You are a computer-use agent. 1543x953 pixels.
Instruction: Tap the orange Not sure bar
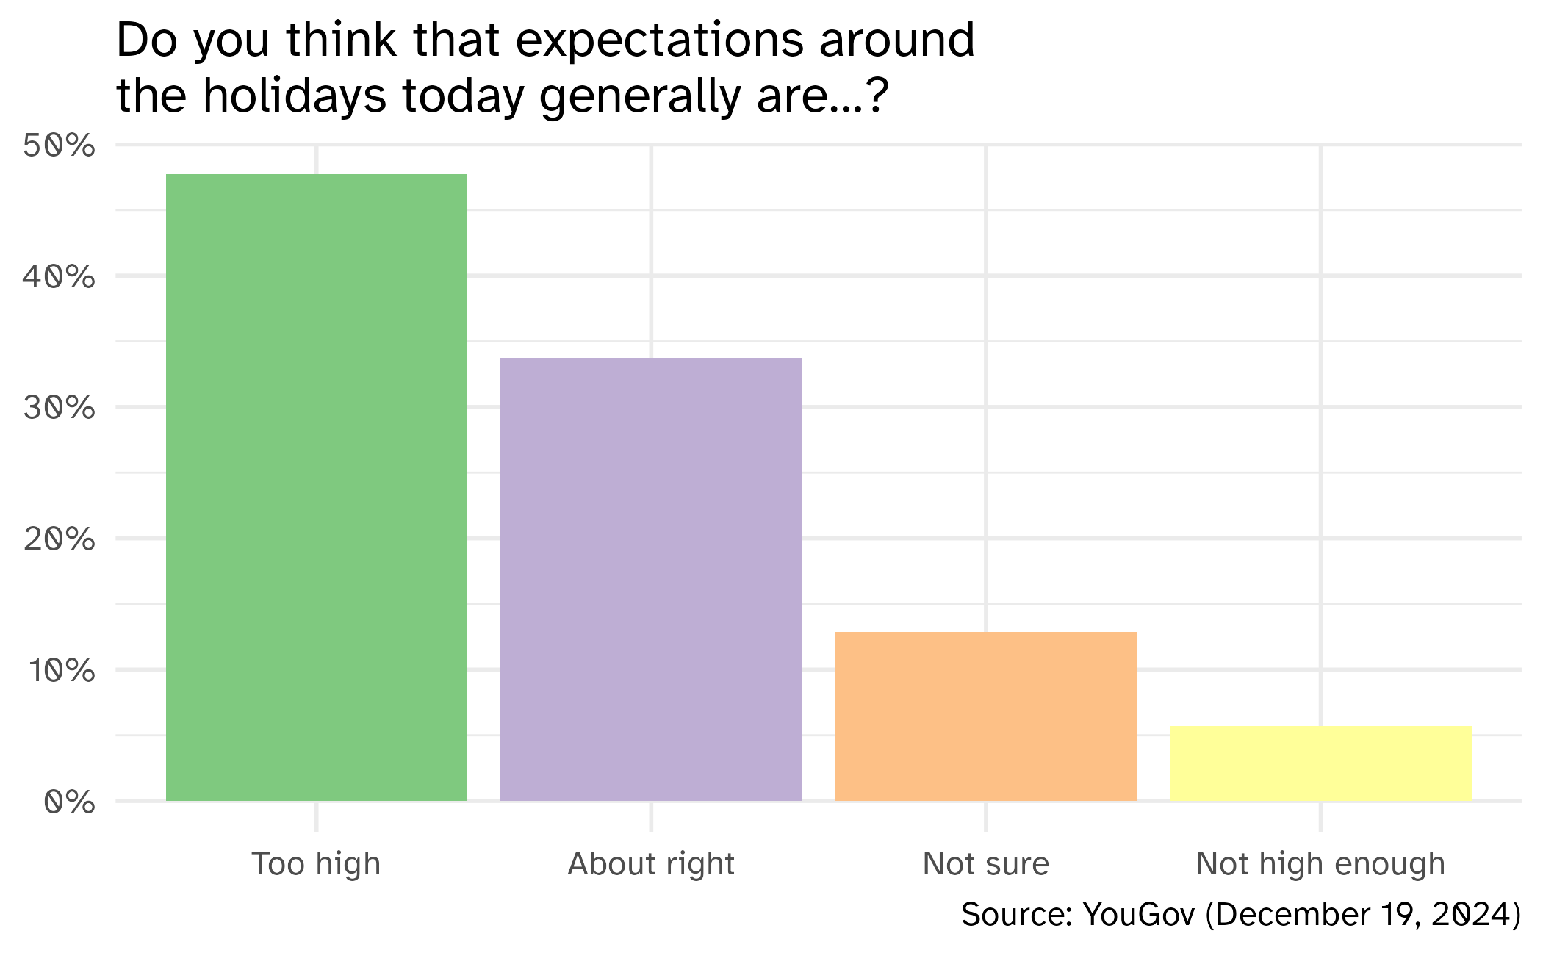point(986,716)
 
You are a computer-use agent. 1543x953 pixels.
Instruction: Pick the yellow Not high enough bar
point(1321,763)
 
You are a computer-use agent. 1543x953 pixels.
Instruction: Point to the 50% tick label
point(59,145)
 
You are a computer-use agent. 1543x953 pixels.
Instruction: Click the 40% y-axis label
point(59,277)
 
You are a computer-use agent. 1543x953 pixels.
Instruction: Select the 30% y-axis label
point(59,408)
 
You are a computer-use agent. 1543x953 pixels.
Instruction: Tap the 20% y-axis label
point(59,539)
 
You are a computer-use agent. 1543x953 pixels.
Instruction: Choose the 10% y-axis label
point(62,670)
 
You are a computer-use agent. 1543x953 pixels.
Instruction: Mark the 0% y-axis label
point(69,802)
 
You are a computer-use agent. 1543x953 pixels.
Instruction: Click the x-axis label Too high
point(316,864)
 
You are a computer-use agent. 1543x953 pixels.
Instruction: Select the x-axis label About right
point(651,864)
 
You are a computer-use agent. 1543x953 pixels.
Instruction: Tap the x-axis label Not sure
point(986,864)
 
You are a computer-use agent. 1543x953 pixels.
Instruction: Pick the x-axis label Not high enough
point(1321,864)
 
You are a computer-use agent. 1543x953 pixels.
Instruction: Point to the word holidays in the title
point(295,96)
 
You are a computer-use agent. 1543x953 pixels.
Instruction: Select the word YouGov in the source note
point(1139,915)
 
